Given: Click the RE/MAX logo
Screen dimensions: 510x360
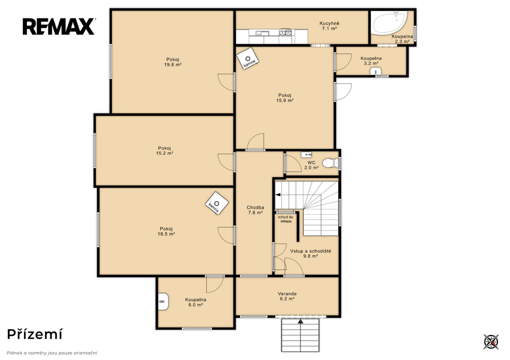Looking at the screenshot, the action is click(x=59, y=27).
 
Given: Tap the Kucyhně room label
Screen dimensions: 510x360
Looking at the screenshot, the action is click(x=329, y=23).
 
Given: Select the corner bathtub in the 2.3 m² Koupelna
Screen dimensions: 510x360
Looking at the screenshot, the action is click(x=389, y=23).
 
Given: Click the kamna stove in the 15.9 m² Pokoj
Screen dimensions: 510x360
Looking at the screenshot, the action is click(x=248, y=59).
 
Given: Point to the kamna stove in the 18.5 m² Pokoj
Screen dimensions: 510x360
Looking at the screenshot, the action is click(x=217, y=203).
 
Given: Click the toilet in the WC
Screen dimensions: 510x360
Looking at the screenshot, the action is click(x=331, y=163).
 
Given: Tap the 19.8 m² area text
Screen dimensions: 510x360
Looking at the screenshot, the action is click(x=173, y=65).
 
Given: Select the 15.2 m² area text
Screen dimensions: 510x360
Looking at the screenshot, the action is click(x=164, y=153).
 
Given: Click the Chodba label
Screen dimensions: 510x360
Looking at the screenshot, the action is click(x=255, y=208).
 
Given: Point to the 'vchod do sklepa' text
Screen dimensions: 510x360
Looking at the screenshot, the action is click(x=285, y=219).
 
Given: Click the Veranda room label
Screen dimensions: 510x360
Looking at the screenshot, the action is click(x=287, y=294).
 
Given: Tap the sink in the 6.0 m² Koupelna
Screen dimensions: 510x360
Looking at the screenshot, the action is click(x=163, y=302).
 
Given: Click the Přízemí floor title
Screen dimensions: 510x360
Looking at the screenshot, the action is click(x=35, y=334).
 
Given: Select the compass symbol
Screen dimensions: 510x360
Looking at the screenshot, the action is click(x=491, y=342).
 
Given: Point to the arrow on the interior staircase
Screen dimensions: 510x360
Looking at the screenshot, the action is click(x=278, y=195).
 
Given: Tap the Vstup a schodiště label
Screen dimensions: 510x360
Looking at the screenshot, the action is click(x=311, y=251).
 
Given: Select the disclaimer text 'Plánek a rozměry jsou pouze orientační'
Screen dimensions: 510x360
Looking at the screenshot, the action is click(x=52, y=353).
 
